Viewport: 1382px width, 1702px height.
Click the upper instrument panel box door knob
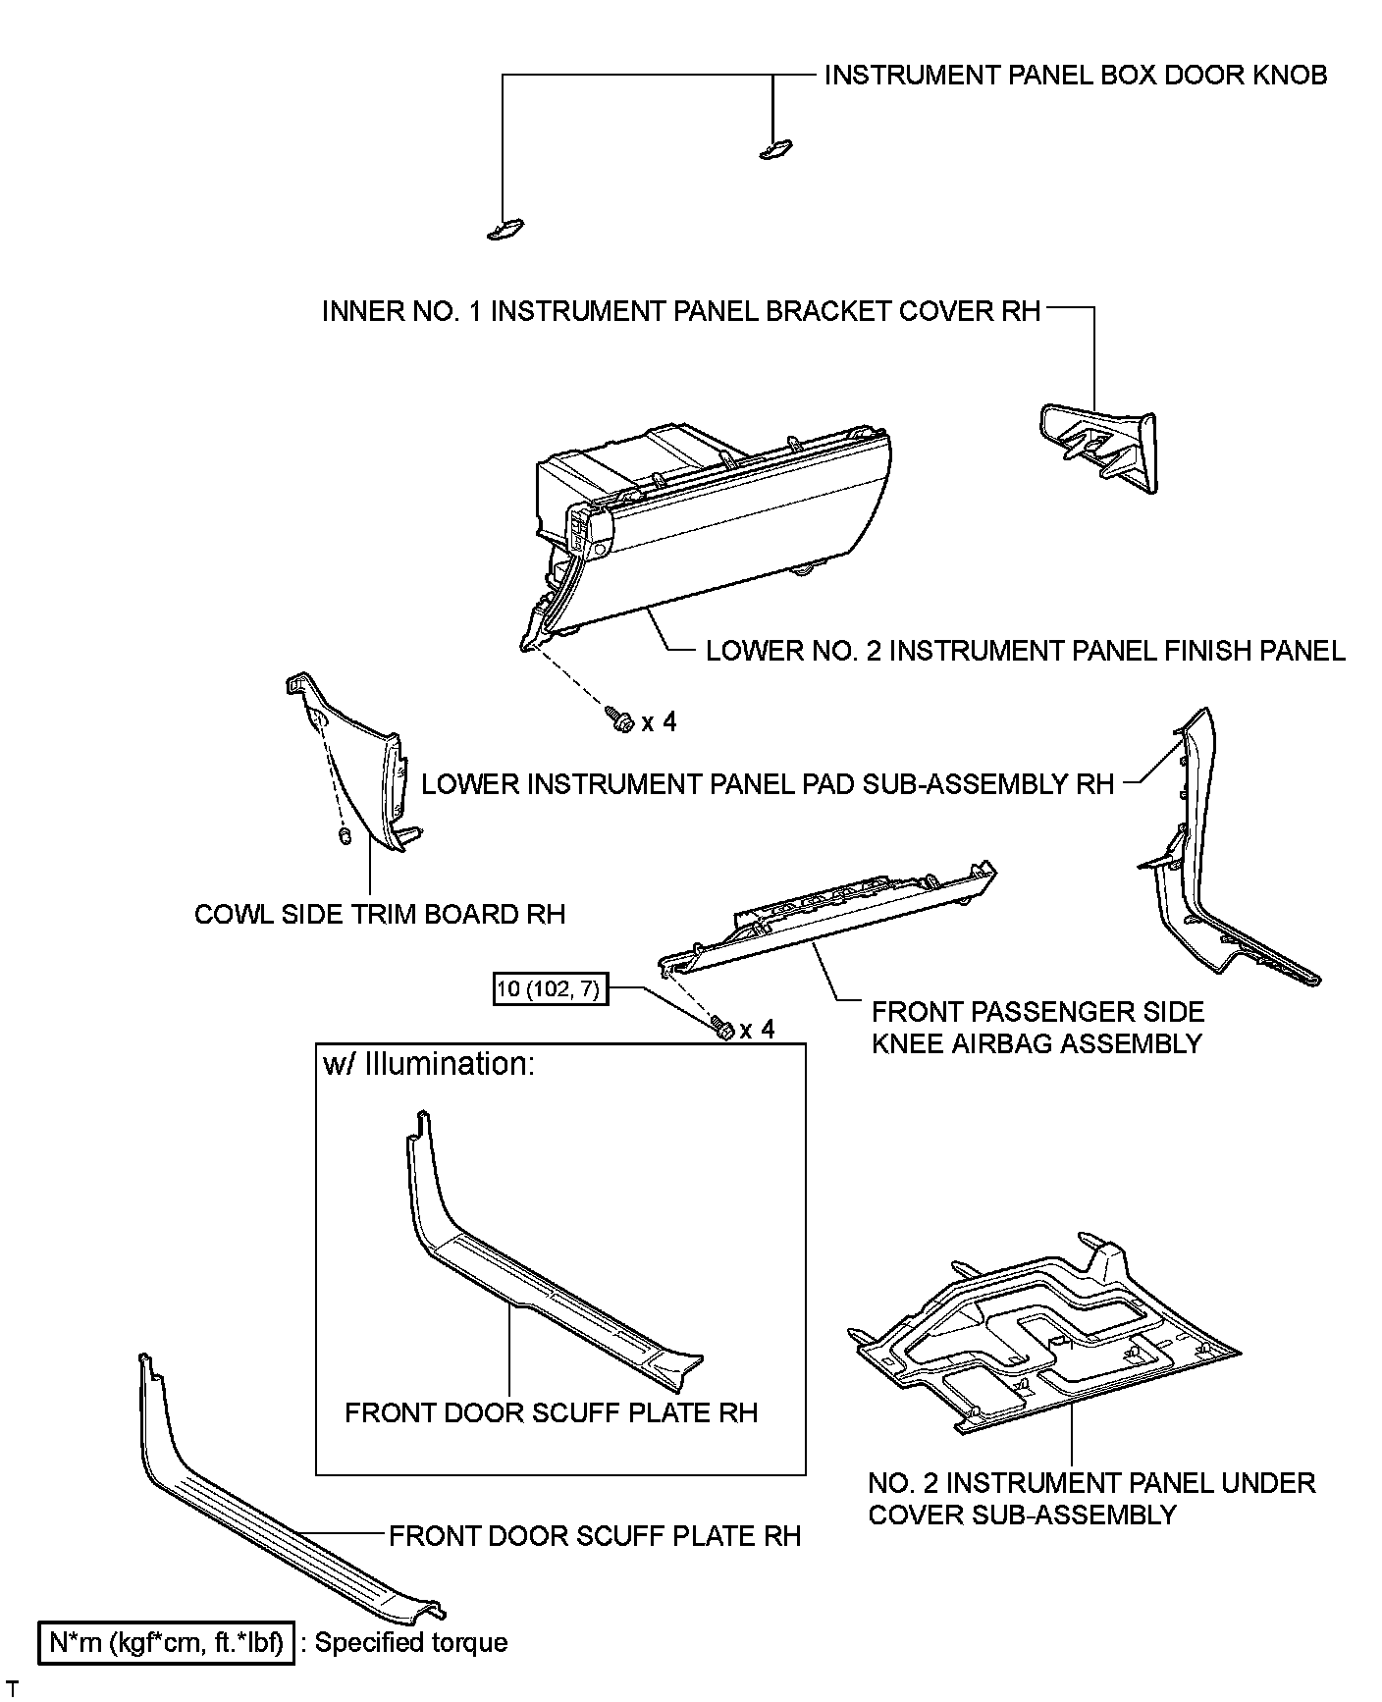(x=775, y=148)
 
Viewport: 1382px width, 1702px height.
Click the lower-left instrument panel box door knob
(x=505, y=230)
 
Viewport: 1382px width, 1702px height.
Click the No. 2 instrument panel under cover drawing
(x=1040, y=1335)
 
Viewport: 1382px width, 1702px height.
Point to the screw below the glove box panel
(x=620, y=719)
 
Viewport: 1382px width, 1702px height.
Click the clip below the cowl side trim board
(x=345, y=835)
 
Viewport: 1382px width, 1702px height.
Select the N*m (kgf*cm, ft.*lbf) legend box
(x=166, y=1642)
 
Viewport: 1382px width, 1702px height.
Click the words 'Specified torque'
(x=411, y=1642)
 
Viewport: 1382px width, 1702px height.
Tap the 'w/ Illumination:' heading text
(x=429, y=1064)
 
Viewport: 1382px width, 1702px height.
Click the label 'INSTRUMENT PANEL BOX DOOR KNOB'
(x=1075, y=75)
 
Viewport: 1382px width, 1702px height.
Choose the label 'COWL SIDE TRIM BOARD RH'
(x=380, y=914)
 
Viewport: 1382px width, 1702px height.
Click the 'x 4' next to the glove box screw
(x=659, y=722)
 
